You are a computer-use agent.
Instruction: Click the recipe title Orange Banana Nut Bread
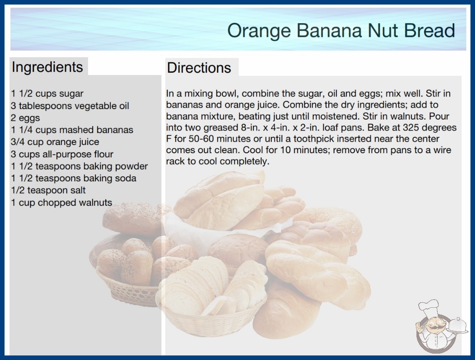pos(341,31)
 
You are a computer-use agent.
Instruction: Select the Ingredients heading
pos(47,67)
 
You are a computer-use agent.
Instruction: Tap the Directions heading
pos(199,68)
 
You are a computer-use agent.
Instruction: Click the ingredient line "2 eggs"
pos(25,118)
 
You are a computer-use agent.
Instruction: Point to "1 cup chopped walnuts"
pos(61,202)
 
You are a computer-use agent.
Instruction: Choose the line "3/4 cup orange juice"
pos(55,142)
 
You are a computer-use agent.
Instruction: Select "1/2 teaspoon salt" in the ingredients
pos(48,190)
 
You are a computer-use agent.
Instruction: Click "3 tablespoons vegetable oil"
pos(70,106)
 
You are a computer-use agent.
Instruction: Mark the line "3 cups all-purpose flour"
pos(62,154)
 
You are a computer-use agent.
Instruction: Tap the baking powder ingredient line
pos(79,166)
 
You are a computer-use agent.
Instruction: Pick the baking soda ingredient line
pos(74,178)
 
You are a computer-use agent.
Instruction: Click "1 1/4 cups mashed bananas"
pos(72,130)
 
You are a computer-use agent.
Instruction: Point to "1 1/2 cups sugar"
pos(47,94)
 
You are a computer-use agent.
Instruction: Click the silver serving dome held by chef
pos(457,326)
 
